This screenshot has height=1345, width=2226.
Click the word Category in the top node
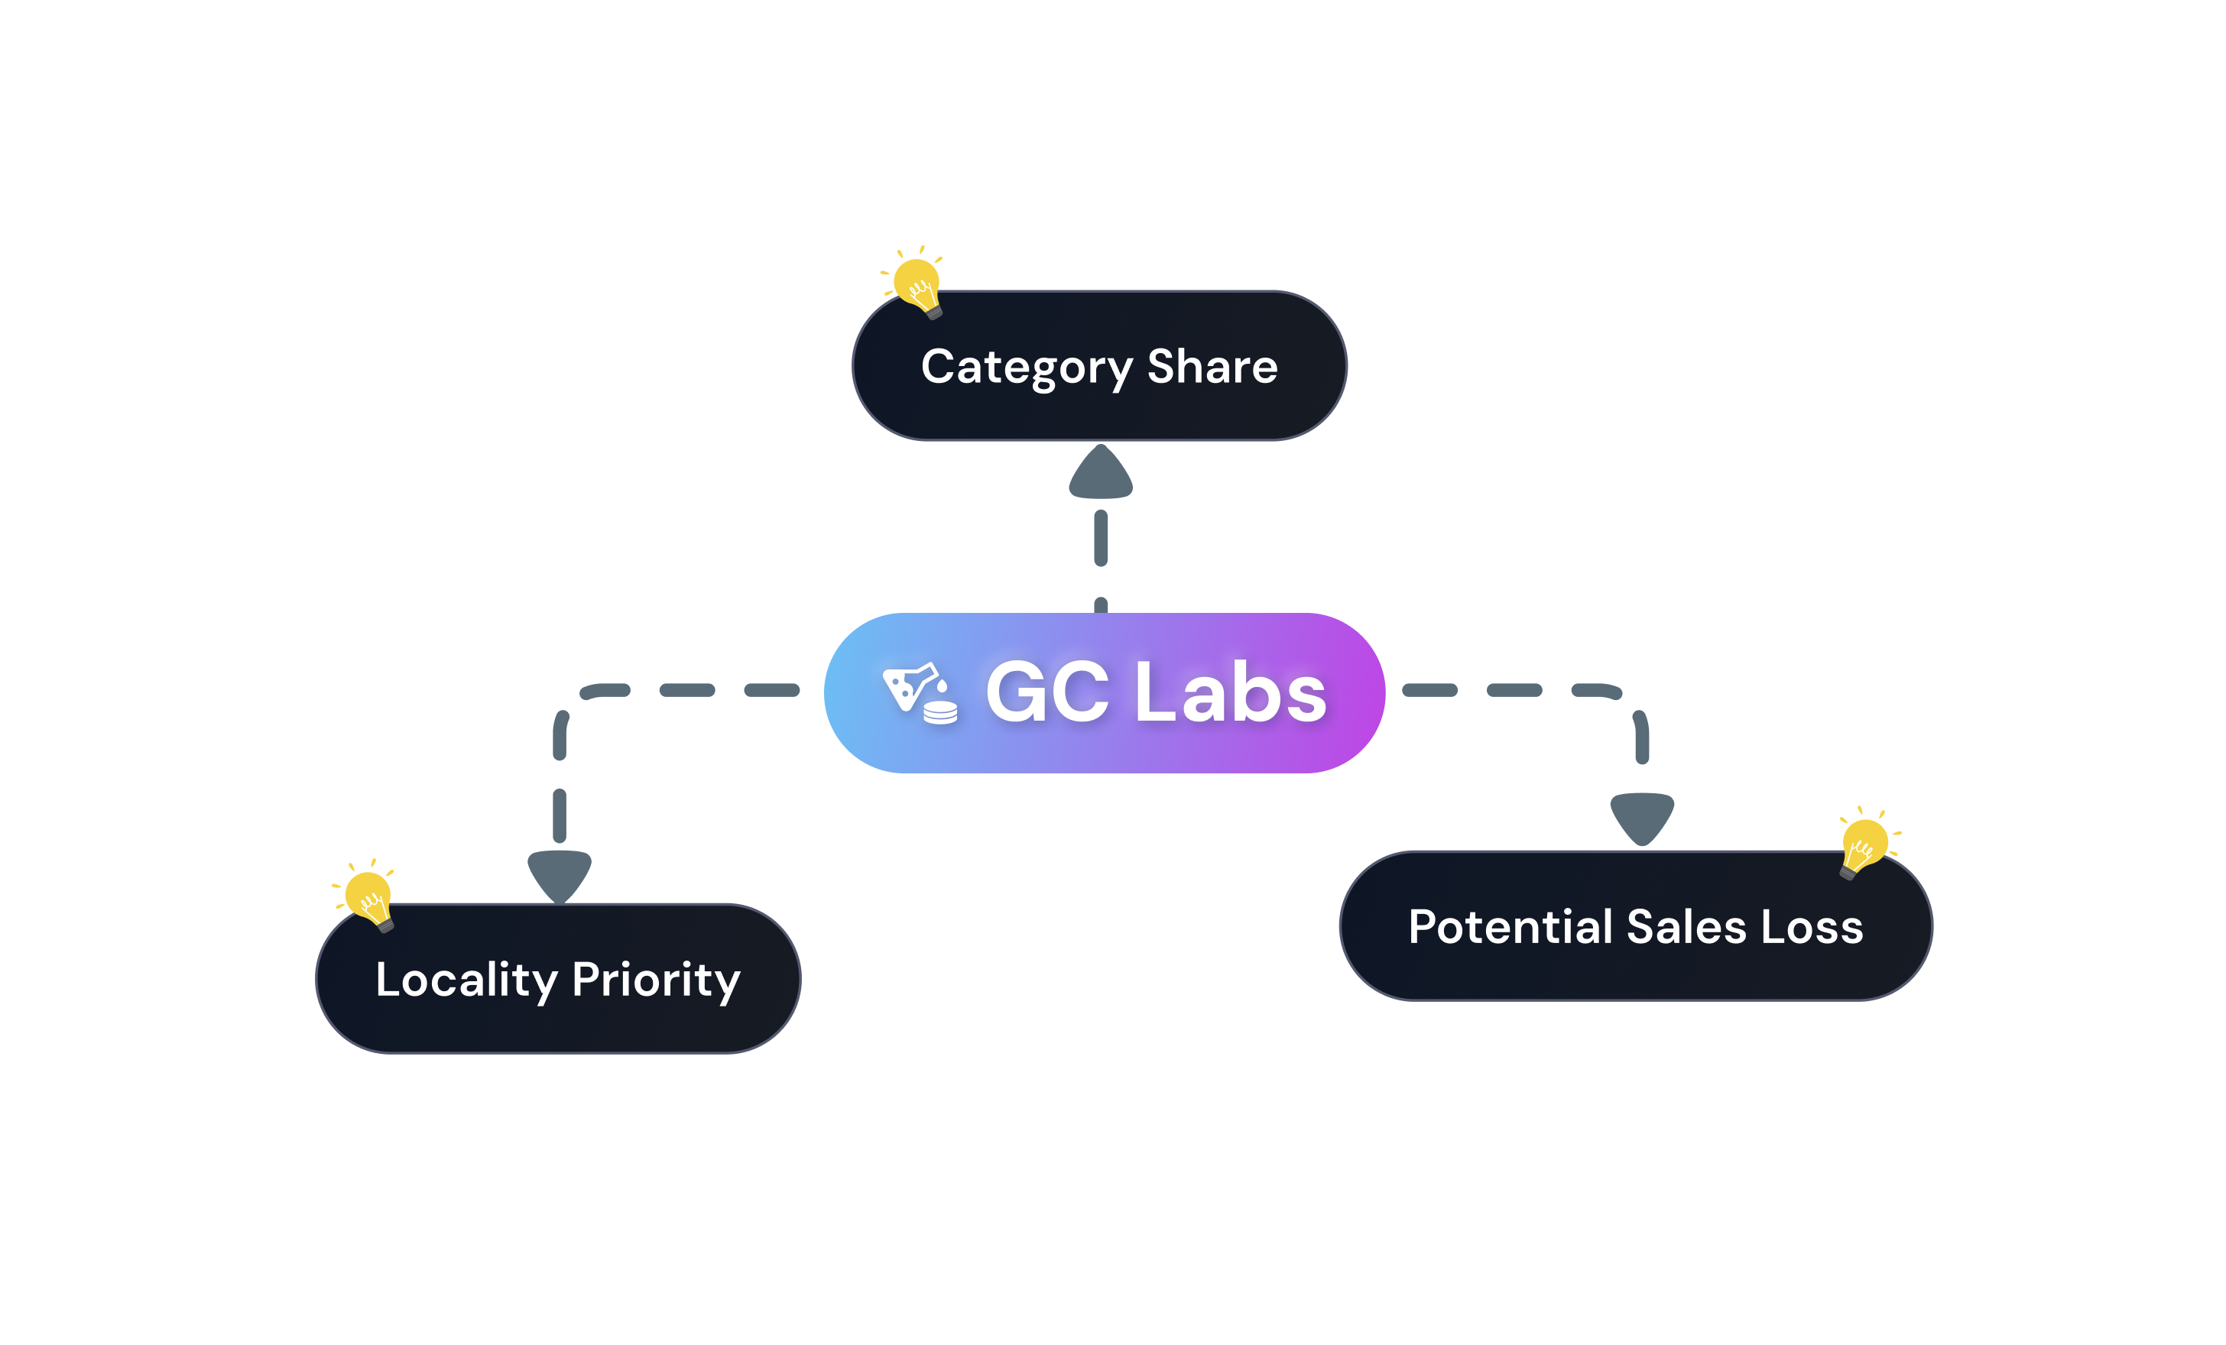pos(1027,368)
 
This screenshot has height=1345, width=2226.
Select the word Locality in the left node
pos(466,980)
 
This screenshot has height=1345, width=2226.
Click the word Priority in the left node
pos(656,980)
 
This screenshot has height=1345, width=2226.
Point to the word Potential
pos(1510,927)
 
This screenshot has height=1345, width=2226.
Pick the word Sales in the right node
pos(1686,927)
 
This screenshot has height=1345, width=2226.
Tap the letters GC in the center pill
pos(1047,693)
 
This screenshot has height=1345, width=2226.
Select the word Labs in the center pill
pos(1231,693)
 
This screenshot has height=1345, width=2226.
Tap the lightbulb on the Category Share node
pos(917,283)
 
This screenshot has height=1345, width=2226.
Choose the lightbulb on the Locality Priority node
pos(368,896)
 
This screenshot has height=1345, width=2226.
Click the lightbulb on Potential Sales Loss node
pos(1864,843)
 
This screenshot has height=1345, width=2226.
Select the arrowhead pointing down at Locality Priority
pos(560,873)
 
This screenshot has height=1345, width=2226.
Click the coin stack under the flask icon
pos(940,713)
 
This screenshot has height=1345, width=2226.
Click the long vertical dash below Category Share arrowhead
pos(1100,538)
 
